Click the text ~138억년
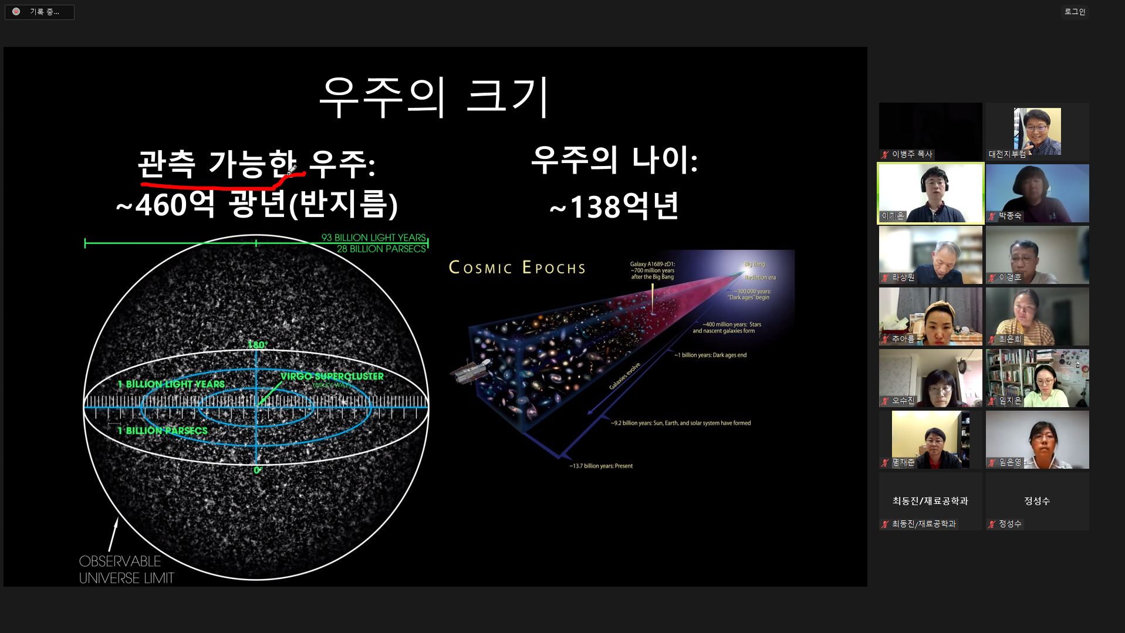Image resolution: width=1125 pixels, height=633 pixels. [614, 207]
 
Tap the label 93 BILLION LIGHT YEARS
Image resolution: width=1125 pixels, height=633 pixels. [373, 238]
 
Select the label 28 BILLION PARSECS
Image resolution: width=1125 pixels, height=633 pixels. [381, 249]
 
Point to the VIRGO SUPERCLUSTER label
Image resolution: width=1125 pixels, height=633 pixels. [332, 376]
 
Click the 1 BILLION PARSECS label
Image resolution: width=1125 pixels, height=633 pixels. [163, 431]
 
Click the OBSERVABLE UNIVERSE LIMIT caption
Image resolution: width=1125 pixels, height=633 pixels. [126, 570]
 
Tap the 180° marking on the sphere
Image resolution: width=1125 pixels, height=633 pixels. [257, 345]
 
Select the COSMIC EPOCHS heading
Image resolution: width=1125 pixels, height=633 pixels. [517, 268]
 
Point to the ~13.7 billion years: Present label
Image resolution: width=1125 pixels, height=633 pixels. [600, 466]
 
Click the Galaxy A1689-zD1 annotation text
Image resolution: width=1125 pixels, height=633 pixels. [652, 270]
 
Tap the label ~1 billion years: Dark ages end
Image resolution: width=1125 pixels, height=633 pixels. [710, 355]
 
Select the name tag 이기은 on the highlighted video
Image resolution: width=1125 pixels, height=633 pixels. [893, 216]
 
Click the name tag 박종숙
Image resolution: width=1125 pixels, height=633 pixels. [1009, 216]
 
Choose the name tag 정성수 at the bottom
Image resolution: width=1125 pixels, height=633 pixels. [1009, 524]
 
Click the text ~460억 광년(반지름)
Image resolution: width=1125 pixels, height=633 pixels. [257, 204]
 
